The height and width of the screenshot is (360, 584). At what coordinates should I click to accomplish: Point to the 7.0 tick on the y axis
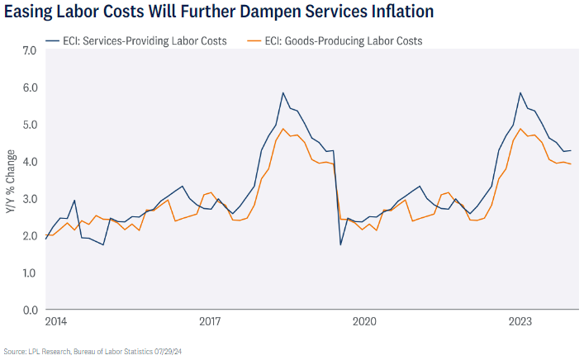pyautogui.click(x=29, y=50)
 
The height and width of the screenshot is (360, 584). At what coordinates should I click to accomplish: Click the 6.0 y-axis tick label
pyautogui.click(x=29, y=88)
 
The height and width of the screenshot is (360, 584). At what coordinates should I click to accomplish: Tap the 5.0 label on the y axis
pyautogui.click(x=29, y=125)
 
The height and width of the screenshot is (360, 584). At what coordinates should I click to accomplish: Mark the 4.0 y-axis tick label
pyautogui.click(x=29, y=162)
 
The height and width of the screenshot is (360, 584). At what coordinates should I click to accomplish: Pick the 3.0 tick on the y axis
pyautogui.click(x=29, y=199)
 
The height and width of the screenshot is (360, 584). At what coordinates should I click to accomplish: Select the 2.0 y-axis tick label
pyautogui.click(x=29, y=236)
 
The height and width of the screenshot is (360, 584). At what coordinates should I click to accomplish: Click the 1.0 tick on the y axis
pyautogui.click(x=29, y=273)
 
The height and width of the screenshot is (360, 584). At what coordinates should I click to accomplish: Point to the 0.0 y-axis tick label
pyautogui.click(x=29, y=310)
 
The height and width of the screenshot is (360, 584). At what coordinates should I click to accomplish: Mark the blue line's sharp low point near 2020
pyautogui.click(x=340, y=244)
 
